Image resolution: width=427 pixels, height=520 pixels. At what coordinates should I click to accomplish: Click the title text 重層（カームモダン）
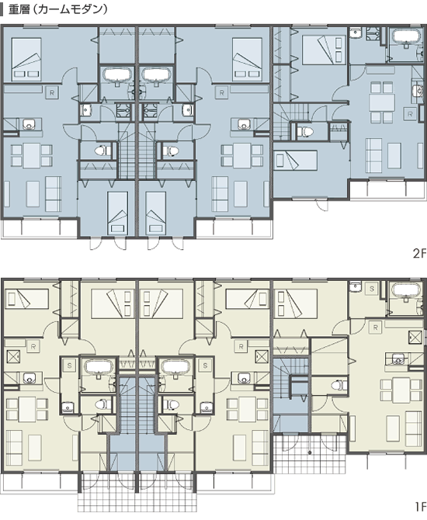[58, 9]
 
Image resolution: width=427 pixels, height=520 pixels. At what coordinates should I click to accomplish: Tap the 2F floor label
[419, 254]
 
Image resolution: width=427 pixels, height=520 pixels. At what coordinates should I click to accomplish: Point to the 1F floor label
[420, 507]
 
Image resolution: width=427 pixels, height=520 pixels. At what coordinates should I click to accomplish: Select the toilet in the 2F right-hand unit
[305, 131]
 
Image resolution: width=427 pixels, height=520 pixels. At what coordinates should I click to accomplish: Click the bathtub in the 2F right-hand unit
[407, 36]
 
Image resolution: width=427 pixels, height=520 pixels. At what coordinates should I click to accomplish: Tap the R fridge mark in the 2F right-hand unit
[410, 114]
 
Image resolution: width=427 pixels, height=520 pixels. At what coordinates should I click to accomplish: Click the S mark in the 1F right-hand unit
[372, 289]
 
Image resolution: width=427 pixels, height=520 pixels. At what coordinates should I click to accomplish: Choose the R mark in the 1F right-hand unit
[376, 328]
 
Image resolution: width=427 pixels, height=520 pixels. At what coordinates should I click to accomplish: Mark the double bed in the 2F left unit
[26, 59]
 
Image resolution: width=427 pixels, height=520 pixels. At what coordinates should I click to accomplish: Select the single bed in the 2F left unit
[118, 213]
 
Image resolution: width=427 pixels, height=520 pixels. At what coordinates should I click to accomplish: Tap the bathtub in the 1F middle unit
[175, 366]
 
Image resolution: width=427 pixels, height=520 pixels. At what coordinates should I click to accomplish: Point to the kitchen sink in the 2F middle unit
[243, 125]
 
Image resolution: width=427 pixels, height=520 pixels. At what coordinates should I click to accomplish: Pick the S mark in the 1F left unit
[69, 366]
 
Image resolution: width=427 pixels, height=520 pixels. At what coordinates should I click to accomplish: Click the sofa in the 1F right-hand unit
[415, 428]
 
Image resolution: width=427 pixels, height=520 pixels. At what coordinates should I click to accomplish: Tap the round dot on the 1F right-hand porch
[309, 452]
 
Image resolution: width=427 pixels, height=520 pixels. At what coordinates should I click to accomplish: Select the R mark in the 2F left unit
[52, 93]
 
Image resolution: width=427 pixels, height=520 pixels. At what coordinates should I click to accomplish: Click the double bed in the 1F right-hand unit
[296, 303]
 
